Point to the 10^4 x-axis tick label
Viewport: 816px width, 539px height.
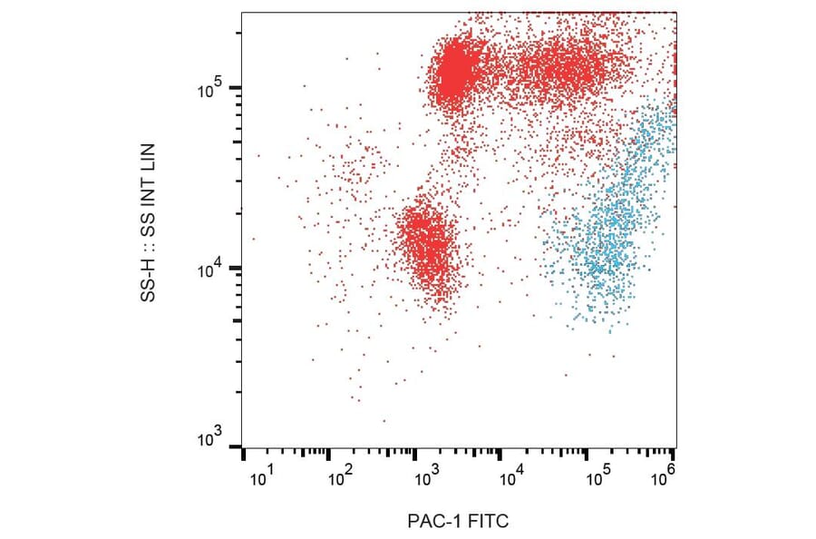(x=512, y=474)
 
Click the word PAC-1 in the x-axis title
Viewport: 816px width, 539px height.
(x=433, y=522)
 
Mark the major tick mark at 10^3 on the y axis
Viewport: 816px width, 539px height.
(x=235, y=446)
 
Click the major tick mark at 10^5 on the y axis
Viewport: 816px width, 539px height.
(x=235, y=87)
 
